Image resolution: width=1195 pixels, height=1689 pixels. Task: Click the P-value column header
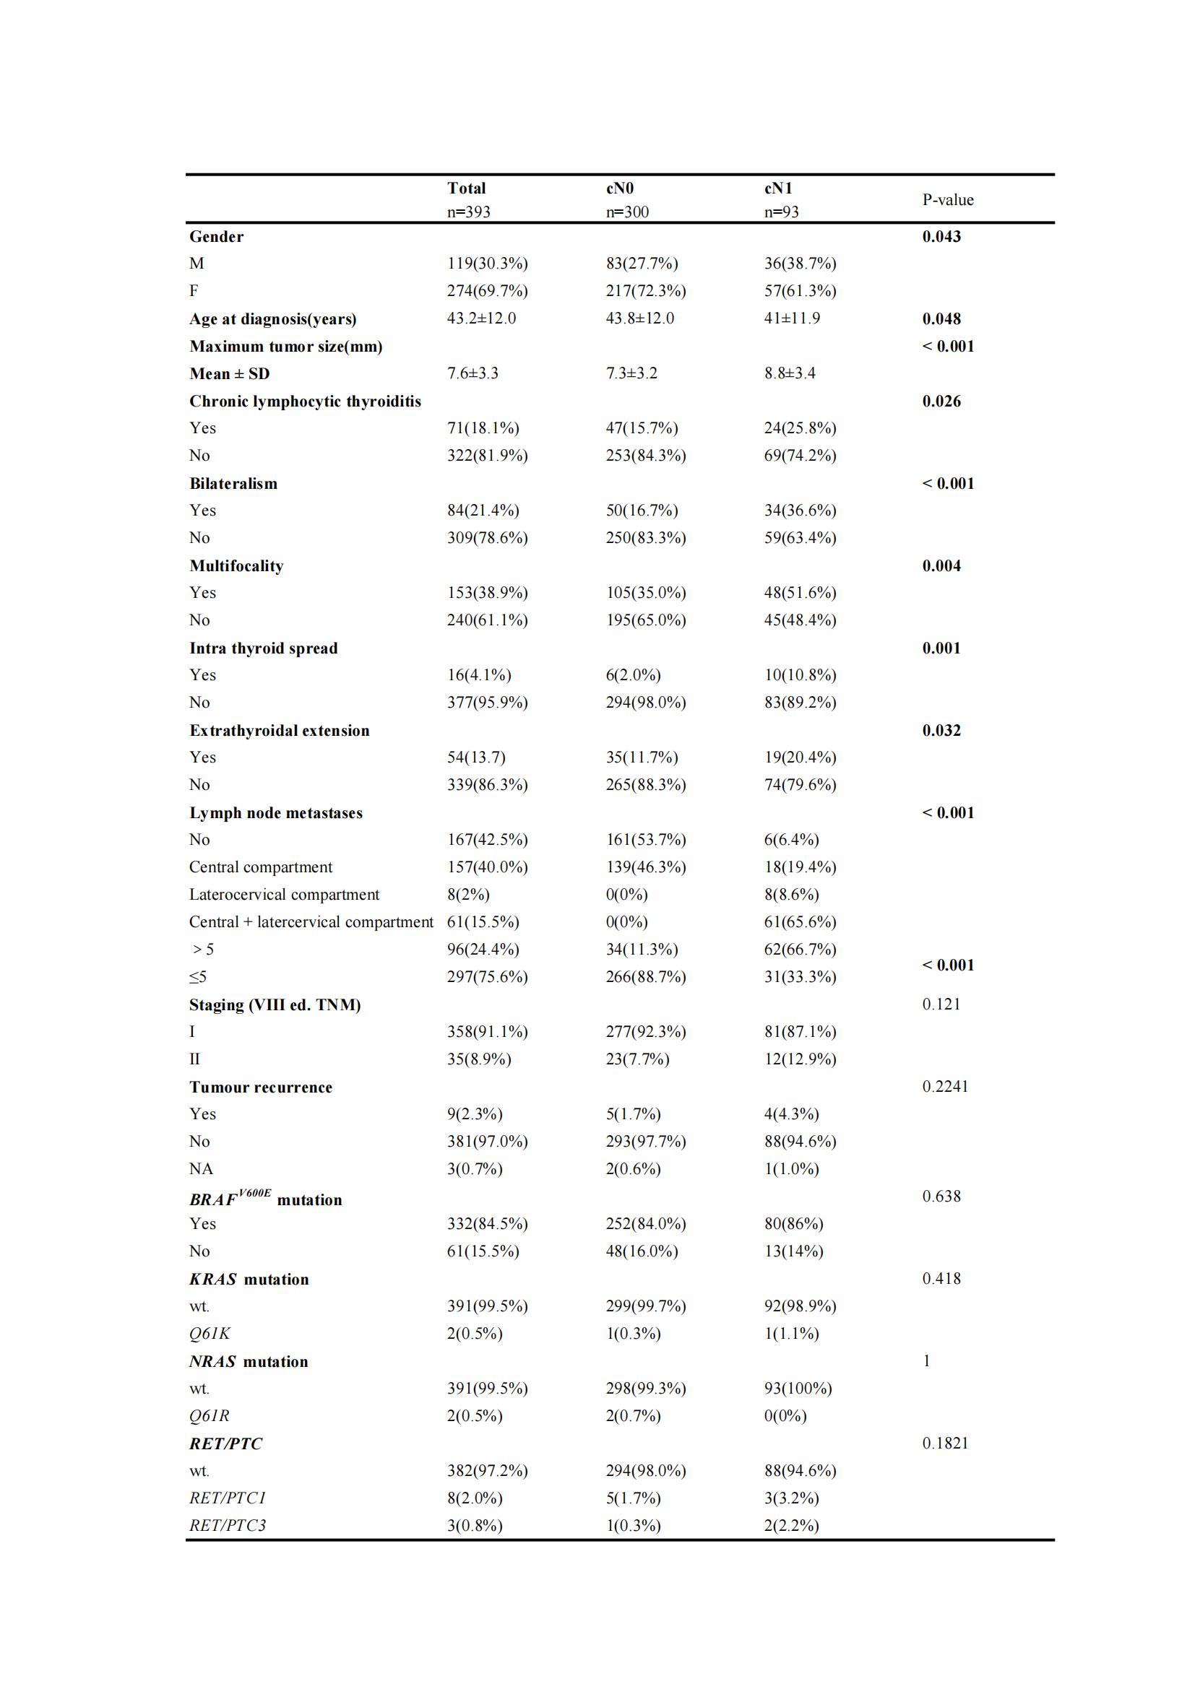point(948,200)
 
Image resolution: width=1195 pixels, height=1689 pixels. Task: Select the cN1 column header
point(778,188)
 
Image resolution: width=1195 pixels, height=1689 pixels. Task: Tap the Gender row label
point(216,237)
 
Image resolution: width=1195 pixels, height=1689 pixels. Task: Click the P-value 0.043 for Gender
point(941,237)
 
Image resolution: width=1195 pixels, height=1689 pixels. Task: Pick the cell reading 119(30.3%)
point(487,264)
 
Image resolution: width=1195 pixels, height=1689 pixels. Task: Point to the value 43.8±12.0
point(639,318)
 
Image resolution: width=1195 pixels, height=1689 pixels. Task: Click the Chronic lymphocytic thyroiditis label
point(305,401)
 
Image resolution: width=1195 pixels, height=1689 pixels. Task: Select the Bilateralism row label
point(233,484)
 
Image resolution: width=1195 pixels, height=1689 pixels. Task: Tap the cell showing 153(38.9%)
point(487,593)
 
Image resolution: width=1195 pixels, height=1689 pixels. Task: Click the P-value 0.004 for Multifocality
point(941,566)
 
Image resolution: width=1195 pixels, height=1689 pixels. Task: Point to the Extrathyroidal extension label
point(279,731)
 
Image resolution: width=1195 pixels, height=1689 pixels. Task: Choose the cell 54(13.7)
point(476,757)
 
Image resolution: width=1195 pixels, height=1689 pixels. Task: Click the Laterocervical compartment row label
point(284,895)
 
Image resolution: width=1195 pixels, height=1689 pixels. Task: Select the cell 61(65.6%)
point(800,922)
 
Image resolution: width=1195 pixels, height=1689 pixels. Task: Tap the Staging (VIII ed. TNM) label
point(275,1006)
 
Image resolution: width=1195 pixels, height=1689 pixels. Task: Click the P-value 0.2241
point(945,1087)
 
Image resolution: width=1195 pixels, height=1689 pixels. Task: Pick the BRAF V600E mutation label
point(265,1200)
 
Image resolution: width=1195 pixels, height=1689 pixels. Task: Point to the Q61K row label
point(210,1334)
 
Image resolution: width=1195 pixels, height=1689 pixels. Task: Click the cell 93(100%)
point(798,1389)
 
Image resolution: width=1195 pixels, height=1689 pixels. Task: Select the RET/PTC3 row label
point(228,1526)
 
